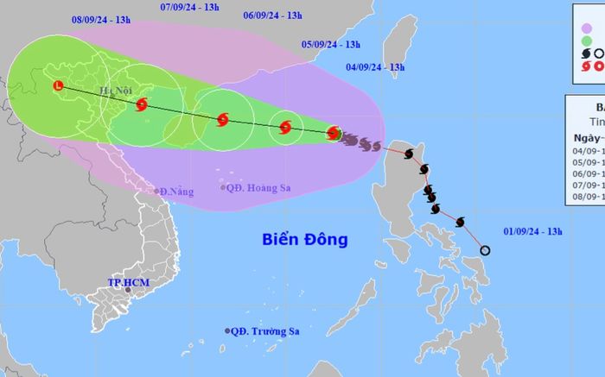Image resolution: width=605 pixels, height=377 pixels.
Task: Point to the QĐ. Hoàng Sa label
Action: click(x=256, y=187)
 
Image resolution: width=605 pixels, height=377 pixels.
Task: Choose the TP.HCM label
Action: click(x=124, y=282)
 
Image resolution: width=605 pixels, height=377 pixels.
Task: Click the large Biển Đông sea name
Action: click(x=305, y=240)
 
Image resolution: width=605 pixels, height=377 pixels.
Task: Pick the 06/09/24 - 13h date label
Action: click(x=273, y=16)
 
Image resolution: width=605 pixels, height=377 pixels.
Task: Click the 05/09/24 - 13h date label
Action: click(x=330, y=44)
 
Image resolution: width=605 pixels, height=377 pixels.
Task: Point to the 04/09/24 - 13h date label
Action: click(x=375, y=66)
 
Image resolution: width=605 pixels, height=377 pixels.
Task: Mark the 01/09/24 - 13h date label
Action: click(x=532, y=231)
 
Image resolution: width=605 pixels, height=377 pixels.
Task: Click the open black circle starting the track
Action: click(x=485, y=251)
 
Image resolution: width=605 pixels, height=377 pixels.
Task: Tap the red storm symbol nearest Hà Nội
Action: click(x=142, y=104)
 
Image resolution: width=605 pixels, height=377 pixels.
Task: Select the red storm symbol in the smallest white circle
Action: click(x=285, y=129)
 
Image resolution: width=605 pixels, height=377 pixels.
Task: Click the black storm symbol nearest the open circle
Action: click(x=458, y=223)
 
